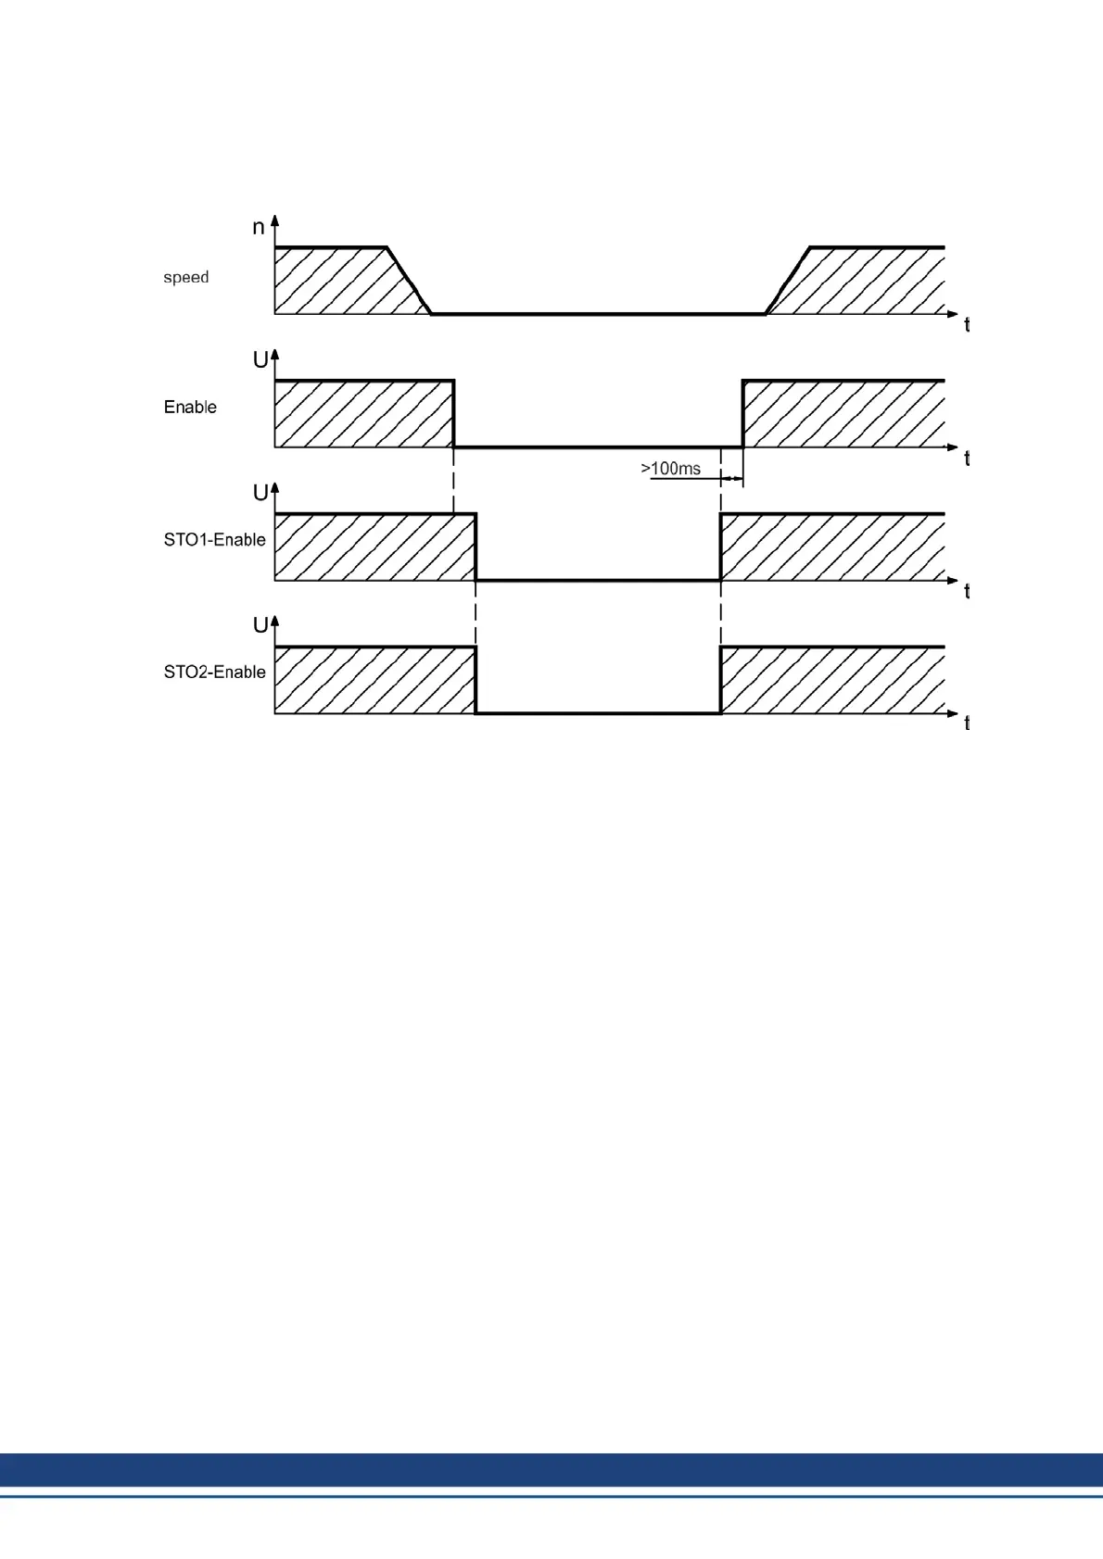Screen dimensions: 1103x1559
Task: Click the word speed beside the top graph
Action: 185,277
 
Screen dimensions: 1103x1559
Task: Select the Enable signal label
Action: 190,407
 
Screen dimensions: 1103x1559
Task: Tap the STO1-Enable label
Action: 214,539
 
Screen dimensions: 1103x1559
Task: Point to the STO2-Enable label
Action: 214,672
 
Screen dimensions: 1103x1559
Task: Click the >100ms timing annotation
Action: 670,469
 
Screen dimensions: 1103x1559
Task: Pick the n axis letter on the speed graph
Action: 259,228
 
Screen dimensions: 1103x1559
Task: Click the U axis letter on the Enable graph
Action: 260,360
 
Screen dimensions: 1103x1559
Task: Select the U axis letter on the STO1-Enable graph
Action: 260,493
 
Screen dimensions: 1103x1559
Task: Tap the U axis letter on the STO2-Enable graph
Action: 260,625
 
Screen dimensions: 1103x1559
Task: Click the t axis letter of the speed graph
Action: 967,325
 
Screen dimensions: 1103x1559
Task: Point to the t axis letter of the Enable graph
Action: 967,459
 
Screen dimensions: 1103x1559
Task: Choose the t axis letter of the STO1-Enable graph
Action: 967,591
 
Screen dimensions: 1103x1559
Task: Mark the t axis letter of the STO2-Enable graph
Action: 967,723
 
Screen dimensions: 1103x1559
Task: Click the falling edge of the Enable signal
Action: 454,414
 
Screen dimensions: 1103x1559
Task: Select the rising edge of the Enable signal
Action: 742,414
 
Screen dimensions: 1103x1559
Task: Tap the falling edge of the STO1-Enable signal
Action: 475,547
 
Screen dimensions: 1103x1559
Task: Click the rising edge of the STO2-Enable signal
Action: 721,680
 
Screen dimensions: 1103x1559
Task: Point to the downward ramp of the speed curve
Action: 409,281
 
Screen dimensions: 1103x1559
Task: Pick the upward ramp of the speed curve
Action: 788,281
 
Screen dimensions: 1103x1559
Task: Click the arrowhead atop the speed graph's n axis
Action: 274,220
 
